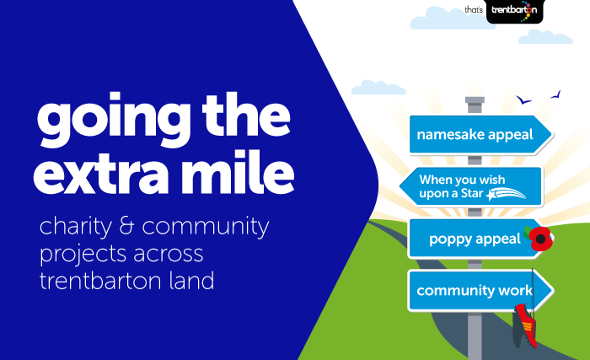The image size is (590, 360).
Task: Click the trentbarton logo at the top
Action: (x=515, y=11)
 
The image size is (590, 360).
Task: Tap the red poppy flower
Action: (x=540, y=239)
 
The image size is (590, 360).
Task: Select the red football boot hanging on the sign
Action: (x=525, y=325)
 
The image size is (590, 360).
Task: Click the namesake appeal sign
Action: (x=480, y=135)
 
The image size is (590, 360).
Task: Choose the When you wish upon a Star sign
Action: (x=471, y=187)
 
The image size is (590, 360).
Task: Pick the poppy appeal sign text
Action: (x=475, y=239)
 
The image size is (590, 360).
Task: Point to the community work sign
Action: (x=480, y=290)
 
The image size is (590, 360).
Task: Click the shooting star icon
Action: (x=506, y=194)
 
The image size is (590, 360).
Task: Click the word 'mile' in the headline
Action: (x=237, y=172)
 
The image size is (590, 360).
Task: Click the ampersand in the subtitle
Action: (x=126, y=225)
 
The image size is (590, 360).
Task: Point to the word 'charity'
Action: (x=76, y=227)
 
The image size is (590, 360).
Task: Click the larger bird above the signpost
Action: (x=523, y=99)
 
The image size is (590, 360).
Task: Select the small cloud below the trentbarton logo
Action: (x=545, y=37)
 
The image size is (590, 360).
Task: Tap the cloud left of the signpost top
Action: (x=378, y=88)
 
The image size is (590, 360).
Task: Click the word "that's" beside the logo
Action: (x=474, y=9)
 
